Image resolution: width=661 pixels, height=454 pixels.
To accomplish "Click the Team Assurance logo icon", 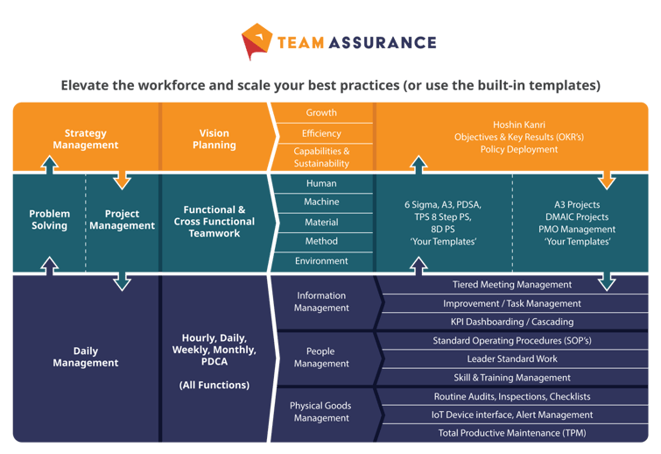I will coord(257,42).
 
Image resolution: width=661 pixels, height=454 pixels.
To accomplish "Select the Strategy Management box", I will coord(85,139).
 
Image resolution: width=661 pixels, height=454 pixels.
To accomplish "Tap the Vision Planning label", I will coord(214,139).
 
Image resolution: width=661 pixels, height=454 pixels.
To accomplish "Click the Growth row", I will coord(321,113).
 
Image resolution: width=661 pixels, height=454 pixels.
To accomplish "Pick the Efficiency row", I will coord(321,133).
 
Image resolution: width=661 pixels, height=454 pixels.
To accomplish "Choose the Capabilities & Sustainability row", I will coord(321,157).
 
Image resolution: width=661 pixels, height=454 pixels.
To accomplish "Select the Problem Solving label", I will coord(49,220).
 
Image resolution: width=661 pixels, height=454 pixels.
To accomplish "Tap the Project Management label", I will coord(123,220).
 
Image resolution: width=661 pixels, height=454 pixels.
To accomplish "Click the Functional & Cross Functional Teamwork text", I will coord(214,222).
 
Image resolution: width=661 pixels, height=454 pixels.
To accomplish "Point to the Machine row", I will coord(321,202).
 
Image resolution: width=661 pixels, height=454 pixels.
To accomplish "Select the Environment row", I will coord(321,261).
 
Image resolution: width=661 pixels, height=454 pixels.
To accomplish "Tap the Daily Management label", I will coord(85,357).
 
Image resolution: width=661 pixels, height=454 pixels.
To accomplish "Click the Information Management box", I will coord(321,301).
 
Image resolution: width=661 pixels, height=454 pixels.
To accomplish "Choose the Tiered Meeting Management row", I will coord(512,285).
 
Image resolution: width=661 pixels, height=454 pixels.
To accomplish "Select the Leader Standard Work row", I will coord(512,359).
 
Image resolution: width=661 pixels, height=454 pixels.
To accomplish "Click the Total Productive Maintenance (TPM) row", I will coord(512,433).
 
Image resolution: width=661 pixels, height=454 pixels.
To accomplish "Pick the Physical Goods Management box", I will coord(321,412).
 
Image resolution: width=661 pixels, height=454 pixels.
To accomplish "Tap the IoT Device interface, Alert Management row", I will coord(512,415).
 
